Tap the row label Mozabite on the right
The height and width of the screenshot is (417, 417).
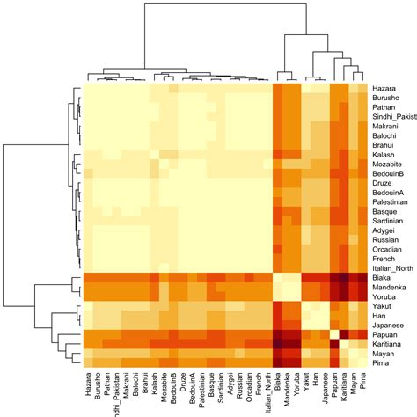pyautogui.click(x=387, y=164)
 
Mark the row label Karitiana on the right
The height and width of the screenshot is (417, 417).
pyautogui.click(x=388, y=344)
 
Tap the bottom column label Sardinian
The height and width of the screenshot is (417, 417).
pyautogui.click(x=221, y=386)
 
